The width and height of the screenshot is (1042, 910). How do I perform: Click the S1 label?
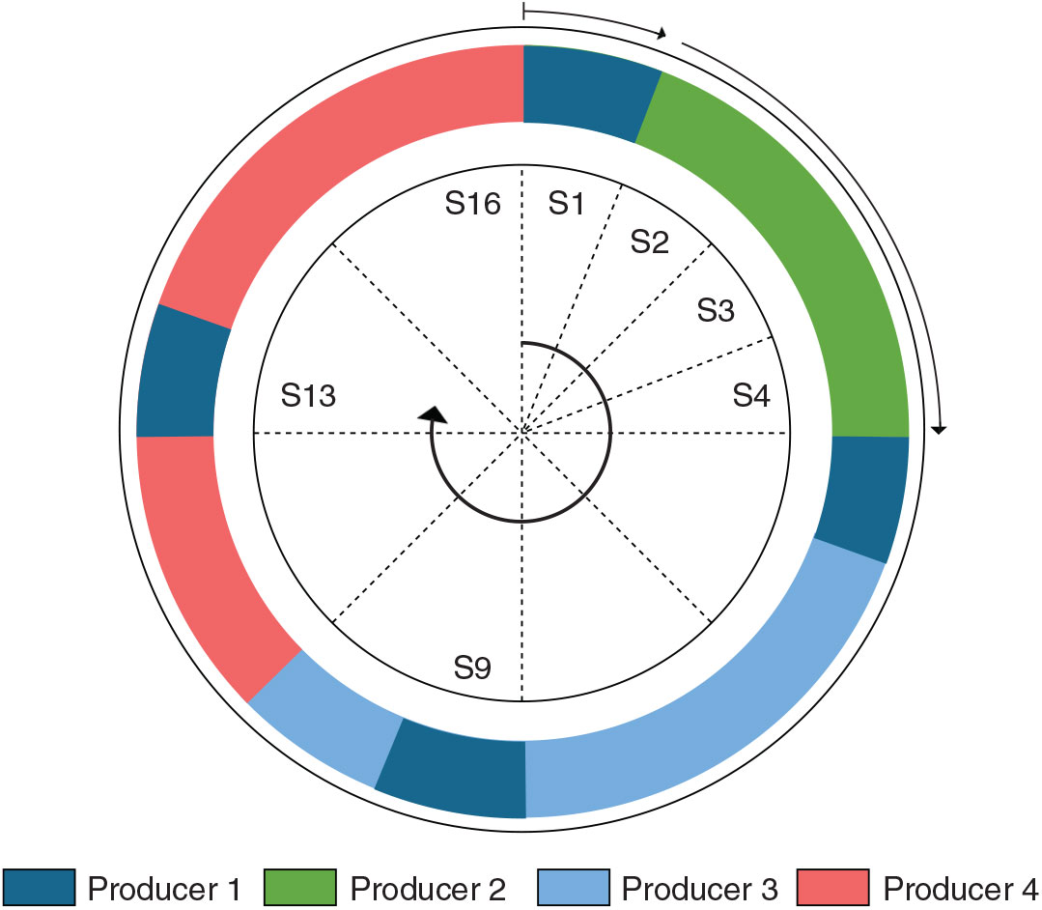tap(567, 204)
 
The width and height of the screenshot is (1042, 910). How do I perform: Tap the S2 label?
tap(650, 242)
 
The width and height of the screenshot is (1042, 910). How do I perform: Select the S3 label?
tap(716, 311)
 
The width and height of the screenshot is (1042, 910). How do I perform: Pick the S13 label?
tap(308, 395)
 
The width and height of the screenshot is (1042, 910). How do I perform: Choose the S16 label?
tap(472, 204)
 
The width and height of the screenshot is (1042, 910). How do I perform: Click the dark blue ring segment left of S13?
tap(179, 372)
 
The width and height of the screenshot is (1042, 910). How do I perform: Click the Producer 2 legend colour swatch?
tap(300, 886)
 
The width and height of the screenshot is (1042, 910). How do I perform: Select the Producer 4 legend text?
tap(960, 887)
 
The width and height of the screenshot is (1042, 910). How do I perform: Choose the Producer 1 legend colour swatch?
tap(39, 886)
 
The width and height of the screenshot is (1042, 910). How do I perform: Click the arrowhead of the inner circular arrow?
tap(435, 414)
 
